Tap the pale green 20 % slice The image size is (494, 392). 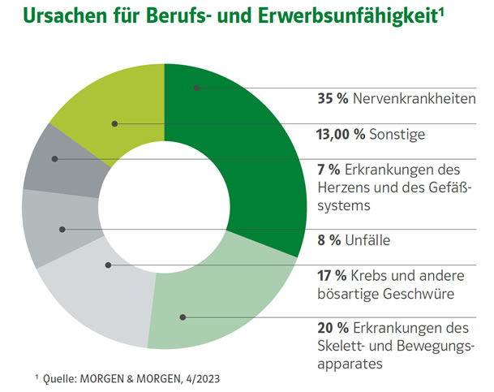235,292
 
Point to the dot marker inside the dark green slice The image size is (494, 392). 195,87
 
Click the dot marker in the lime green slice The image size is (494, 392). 115,124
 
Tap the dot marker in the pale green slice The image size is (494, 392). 183,317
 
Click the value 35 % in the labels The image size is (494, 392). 333,99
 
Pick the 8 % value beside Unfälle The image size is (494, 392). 329,241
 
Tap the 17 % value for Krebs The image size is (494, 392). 333,276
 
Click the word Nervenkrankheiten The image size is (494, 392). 410,99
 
